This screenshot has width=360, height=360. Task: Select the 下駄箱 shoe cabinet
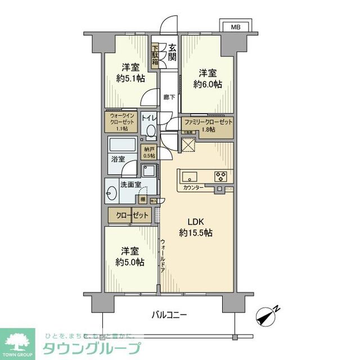154,56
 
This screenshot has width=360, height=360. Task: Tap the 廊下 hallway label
169,96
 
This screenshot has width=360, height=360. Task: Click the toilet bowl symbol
150,130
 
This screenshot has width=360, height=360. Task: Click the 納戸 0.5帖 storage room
149,152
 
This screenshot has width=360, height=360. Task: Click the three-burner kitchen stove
219,176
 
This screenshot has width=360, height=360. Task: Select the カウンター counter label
193,188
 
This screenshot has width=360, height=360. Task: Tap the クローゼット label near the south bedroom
132,215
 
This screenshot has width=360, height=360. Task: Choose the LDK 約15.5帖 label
196,226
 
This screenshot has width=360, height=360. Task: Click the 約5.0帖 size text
129,257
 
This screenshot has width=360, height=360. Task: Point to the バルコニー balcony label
169,314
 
